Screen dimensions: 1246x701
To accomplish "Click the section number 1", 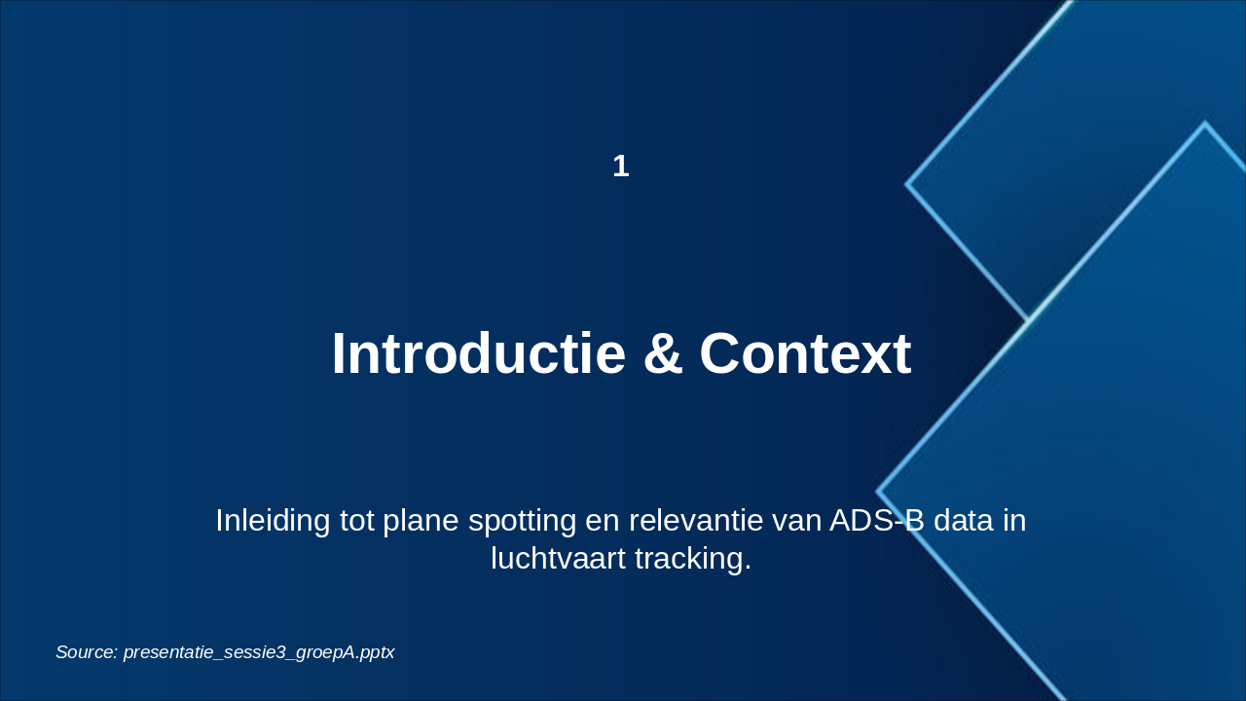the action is (x=621, y=166).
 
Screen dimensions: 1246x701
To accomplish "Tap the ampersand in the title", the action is (x=663, y=354).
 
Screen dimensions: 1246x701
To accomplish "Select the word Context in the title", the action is (x=805, y=353).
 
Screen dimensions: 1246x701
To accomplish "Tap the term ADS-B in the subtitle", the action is (x=877, y=521).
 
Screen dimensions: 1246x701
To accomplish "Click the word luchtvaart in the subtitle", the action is (x=558, y=558).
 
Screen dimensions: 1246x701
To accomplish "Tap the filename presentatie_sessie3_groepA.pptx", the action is (x=259, y=652).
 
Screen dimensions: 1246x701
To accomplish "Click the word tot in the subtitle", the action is (x=356, y=521).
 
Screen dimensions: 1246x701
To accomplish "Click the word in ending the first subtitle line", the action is (x=1014, y=521).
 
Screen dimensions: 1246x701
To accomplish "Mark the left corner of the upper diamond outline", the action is (x=906, y=184).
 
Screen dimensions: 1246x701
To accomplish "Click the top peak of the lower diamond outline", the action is (x=1205, y=123).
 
